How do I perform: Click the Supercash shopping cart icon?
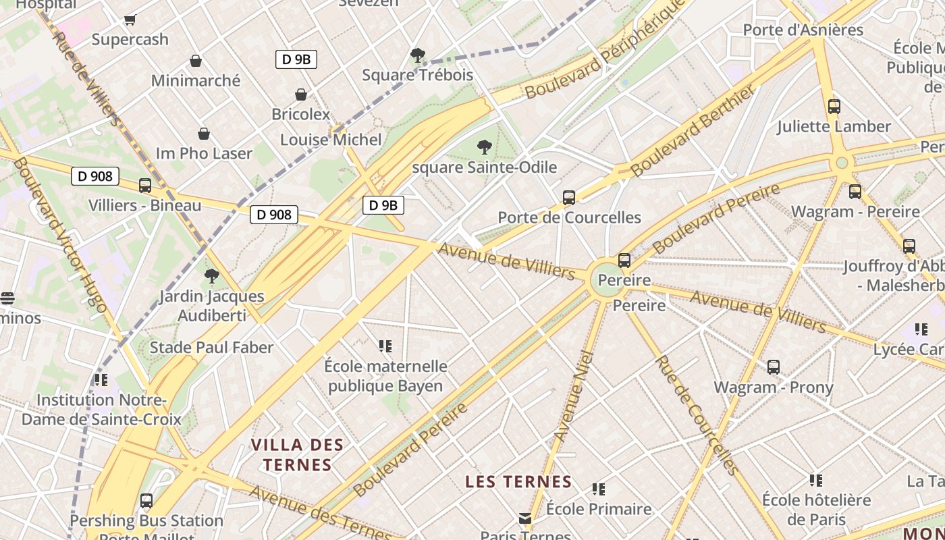click(x=130, y=20)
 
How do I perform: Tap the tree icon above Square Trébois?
click(x=417, y=55)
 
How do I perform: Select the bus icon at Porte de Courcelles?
click(x=569, y=198)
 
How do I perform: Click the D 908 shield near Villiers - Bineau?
click(x=95, y=177)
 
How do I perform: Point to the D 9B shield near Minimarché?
click(x=296, y=59)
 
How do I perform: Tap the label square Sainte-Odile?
click(x=484, y=167)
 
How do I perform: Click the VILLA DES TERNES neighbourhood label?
click(x=298, y=454)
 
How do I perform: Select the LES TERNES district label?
click(x=518, y=482)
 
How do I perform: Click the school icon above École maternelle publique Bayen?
click(x=385, y=346)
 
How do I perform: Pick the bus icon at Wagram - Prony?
click(x=774, y=367)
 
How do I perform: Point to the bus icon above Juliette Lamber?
click(x=834, y=106)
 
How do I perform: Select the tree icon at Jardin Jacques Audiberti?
click(x=212, y=275)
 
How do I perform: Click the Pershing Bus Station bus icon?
click(x=146, y=501)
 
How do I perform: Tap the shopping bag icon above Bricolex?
click(x=301, y=94)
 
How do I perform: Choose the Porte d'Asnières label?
click(x=803, y=30)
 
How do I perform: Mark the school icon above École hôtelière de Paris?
click(x=816, y=481)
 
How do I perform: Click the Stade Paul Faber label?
click(x=211, y=348)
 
